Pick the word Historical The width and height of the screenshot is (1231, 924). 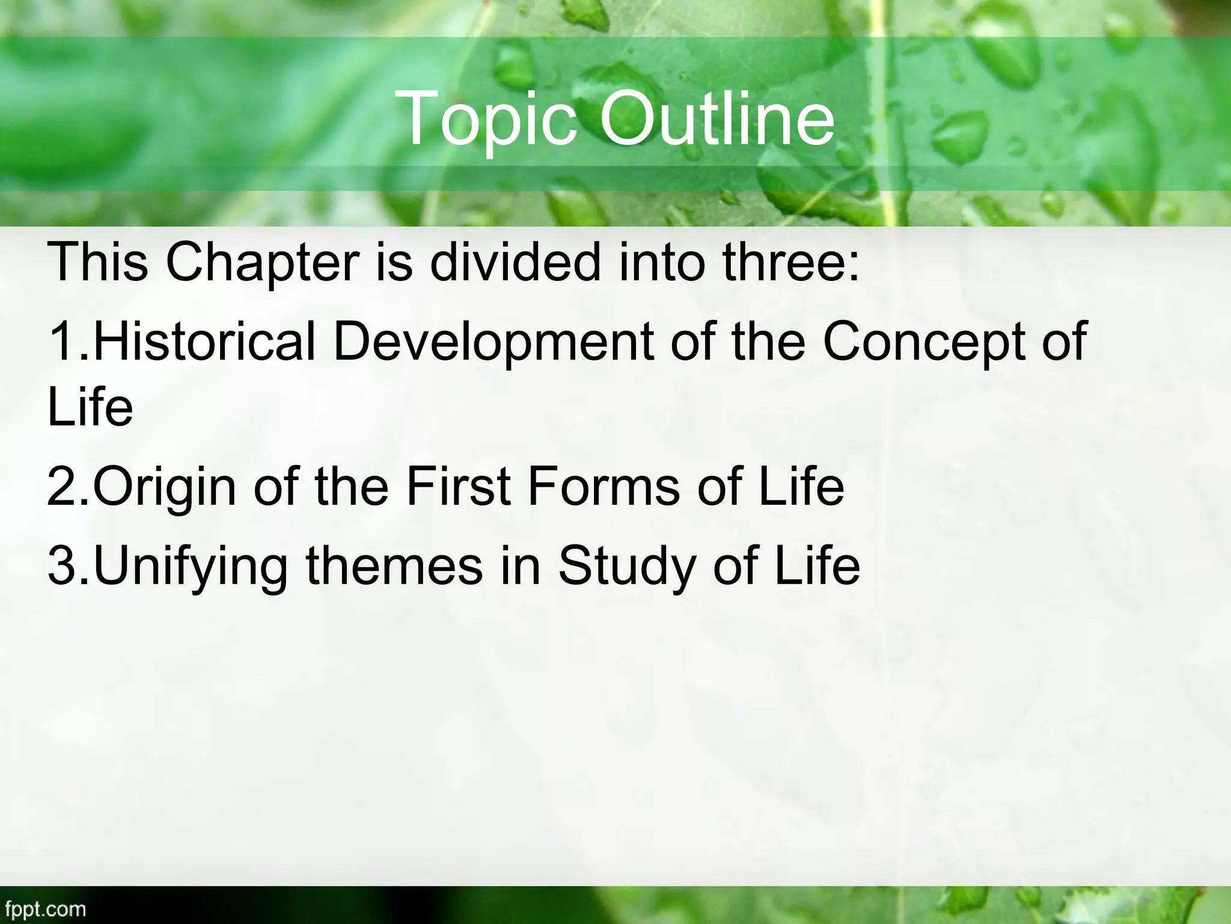pyautogui.click(x=204, y=342)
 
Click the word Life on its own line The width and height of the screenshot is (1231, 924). pyautogui.click(x=90, y=407)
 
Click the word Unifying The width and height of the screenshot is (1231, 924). pyautogui.click(x=191, y=567)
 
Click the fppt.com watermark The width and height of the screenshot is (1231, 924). pyautogui.click(x=43, y=908)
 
